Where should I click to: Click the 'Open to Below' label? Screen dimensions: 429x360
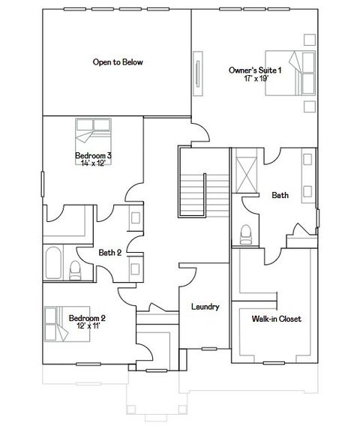(x=118, y=62)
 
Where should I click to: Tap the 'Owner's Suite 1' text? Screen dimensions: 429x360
(x=255, y=70)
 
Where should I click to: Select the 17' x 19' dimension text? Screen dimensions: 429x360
(x=256, y=78)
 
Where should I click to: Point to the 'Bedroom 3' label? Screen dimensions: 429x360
(x=94, y=155)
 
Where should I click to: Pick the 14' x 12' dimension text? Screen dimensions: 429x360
(x=94, y=163)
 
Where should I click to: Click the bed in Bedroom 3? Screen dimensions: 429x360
(x=89, y=135)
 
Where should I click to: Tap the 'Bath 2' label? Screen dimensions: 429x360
(x=109, y=253)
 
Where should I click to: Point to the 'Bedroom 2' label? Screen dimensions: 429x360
(x=87, y=318)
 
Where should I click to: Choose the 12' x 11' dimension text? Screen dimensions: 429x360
(x=87, y=326)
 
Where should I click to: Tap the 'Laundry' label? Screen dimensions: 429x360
(x=205, y=307)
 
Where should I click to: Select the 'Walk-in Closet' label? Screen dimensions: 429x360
(x=277, y=319)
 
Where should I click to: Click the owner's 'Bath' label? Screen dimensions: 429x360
(x=280, y=195)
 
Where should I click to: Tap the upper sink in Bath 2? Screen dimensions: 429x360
(x=135, y=218)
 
